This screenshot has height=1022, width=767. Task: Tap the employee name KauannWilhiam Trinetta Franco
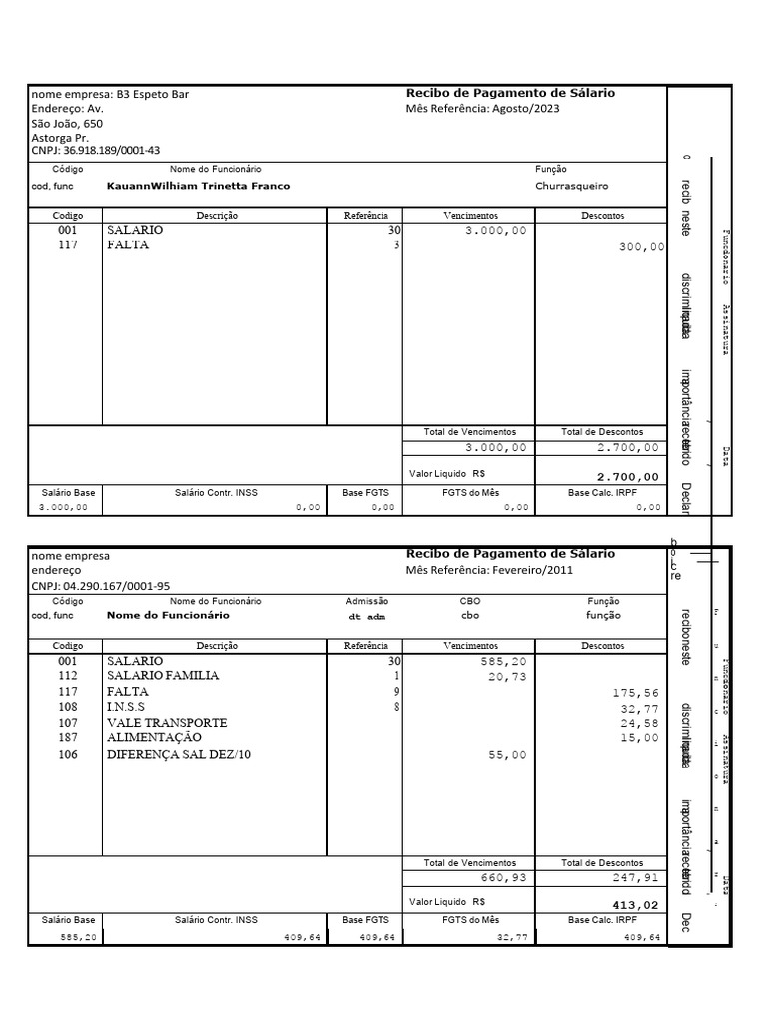pyautogui.click(x=198, y=186)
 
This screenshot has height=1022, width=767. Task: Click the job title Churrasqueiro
pyautogui.click(x=571, y=186)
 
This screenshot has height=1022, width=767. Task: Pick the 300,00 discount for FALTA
pyautogui.click(x=641, y=246)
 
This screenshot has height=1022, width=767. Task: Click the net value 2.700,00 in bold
pyautogui.click(x=627, y=477)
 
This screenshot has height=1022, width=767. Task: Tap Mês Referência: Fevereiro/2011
pyautogui.click(x=489, y=570)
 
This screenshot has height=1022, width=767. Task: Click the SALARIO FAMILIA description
pyautogui.click(x=162, y=676)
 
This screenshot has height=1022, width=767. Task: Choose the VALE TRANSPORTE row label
pyautogui.click(x=167, y=722)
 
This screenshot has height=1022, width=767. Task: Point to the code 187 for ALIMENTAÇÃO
pyautogui.click(x=67, y=738)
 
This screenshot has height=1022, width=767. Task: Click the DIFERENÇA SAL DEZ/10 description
pyautogui.click(x=179, y=755)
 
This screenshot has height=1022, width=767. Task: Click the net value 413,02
pyautogui.click(x=636, y=905)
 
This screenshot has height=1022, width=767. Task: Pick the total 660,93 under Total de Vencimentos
pyautogui.click(x=502, y=879)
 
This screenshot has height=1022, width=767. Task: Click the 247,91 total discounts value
pyautogui.click(x=636, y=879)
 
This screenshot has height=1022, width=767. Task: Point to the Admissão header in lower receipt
pyautogui.click(x=367, y=601)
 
